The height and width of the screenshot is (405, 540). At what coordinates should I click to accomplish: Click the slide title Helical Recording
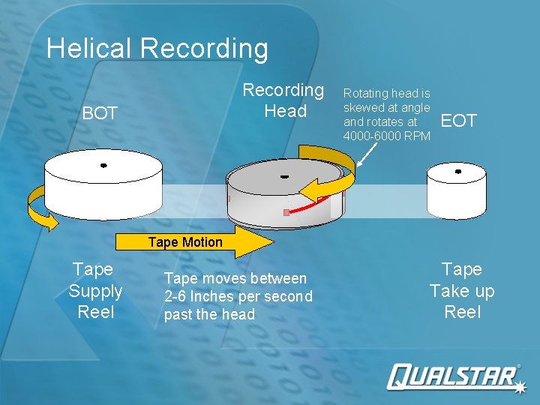click(x=157, y=49)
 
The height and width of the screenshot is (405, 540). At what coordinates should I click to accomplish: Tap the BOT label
click(x=100, y=114)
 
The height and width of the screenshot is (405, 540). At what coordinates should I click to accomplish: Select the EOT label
click(x=458, y=121)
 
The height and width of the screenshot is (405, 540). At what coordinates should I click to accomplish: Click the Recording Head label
click(x=283, y=100)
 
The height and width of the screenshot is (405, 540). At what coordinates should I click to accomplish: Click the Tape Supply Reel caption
click(x=95, y=290)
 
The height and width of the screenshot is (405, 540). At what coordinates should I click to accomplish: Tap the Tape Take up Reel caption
click(x=462, y=290)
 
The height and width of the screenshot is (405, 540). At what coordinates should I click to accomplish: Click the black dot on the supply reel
click(x=103, y=165)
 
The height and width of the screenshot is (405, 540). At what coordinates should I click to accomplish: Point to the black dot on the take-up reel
click(x=458, y=172)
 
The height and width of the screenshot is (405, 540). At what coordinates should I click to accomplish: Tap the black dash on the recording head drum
click(x=284, y=178)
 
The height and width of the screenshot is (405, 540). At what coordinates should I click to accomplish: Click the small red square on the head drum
click(x=286, y=213)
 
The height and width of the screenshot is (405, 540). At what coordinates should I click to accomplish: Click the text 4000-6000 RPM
click(x=386, y=136)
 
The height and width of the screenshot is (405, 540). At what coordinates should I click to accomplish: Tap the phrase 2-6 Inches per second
click(x=238, y=296)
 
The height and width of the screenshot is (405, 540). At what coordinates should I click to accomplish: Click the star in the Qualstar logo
click(x=518, y=386)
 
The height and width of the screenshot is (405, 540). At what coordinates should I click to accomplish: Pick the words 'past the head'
click(x=209, y=314)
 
